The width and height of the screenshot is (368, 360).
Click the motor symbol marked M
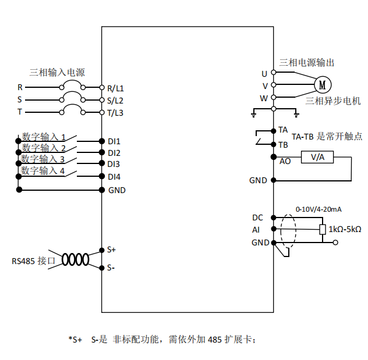(322, 85)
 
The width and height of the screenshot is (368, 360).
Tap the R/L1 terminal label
(115, 88)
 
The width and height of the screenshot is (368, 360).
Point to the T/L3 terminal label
(115, 112)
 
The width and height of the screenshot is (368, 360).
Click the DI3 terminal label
(114, 165)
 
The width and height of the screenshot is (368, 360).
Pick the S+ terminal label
(112, 249)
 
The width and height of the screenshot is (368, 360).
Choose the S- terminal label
(111, 268)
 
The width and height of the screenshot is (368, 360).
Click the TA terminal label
(283, 129)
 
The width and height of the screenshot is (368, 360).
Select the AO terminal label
(285, 161)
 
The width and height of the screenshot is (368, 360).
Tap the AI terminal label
(256, 230)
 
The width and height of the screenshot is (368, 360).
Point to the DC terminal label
(257, 218)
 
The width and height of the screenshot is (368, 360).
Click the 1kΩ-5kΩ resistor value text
(345, 230)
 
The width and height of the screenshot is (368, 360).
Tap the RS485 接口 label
(33, 261)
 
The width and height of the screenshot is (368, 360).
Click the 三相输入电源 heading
(57, 72)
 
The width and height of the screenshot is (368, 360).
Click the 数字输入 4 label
(43, 170)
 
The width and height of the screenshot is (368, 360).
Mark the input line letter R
(20, 88)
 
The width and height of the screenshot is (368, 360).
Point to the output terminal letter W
(264, 98)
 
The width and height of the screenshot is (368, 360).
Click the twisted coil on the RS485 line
(76, 259)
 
